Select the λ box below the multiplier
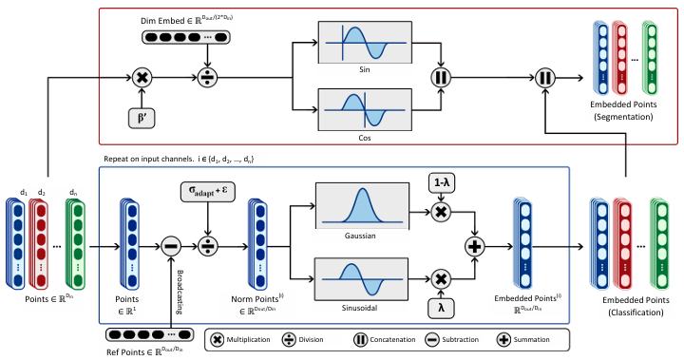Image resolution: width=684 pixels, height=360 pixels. (x=440, y=310)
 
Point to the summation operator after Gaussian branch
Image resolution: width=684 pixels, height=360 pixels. (x=473, y=245)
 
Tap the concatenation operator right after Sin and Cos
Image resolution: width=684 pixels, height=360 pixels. (x=440, y=78)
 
